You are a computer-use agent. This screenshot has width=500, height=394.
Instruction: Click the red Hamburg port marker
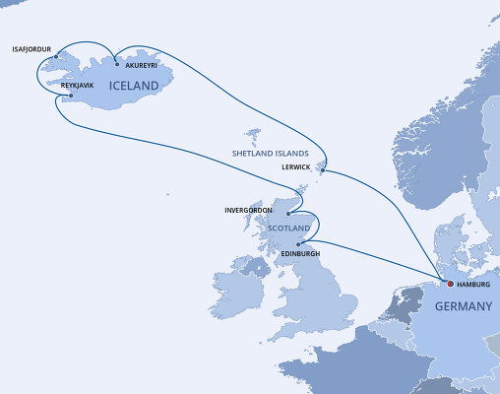pyautogui.click(x=450, y=284)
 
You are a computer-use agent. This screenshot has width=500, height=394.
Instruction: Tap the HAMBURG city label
pyautogui.click(x=474, y=285)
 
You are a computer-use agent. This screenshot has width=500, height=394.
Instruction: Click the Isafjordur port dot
pyautogui.click(x=57, y=55)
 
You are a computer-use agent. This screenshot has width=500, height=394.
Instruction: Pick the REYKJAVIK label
pyautogui.click(x=79, y=86)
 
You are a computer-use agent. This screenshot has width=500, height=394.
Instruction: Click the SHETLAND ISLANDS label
pyautogui.click(x=270, y=155)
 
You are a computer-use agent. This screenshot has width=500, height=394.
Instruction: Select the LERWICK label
pyautogui.click(x=295, y=167)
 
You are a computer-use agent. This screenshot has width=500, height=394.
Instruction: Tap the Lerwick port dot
pyautogui.click(x=322, y=168)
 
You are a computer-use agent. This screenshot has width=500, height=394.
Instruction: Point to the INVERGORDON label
pyautogui.click(x=250, y=210)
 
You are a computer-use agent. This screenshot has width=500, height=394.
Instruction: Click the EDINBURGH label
pyautogui.click(x=302, y=254)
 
